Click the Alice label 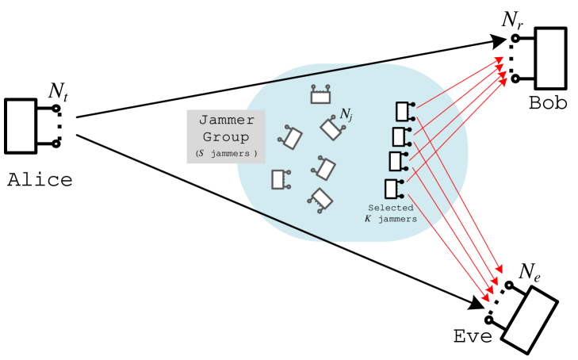pos(40,179)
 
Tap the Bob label pos(547,102)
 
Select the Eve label pos(473,335)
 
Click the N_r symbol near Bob pos(511,20)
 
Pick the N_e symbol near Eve pos(530,272)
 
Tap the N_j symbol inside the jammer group pos(346,116)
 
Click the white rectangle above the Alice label pos(21,125)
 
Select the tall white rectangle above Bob pos(550,58)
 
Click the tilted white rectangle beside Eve pos(529,320)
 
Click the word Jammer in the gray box pos(226,121)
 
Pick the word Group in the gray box pos(226,136)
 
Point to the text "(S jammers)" pos(226,153)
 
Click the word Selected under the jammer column pos(390,208)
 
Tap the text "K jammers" pos(390,219)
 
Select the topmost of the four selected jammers pos(404,110)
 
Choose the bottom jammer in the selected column pos(392,189)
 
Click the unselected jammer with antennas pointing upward pos(320,96)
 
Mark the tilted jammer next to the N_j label pos(330,128)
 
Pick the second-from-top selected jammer pos(400,136)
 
